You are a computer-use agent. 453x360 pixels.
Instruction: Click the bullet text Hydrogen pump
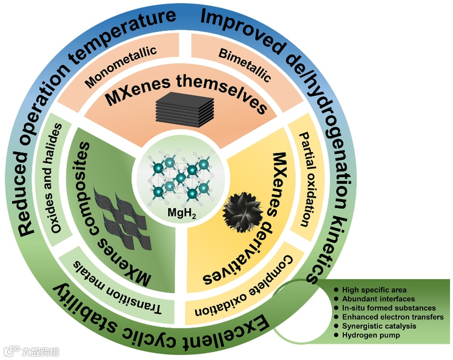pyautogui.click(x=365, y=335)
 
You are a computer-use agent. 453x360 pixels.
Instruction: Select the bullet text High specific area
pyautogui.click(x=375, y=290)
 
